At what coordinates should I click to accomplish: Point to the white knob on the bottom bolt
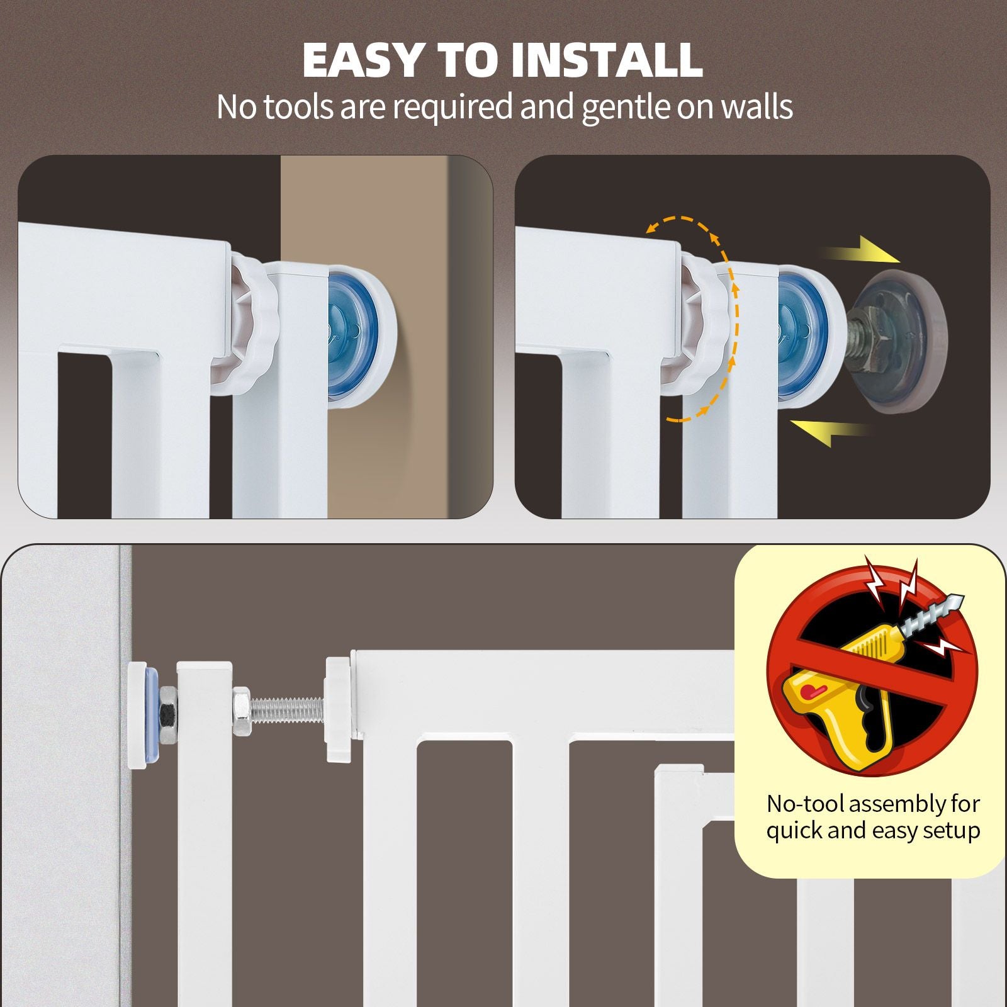coord(340,708)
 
